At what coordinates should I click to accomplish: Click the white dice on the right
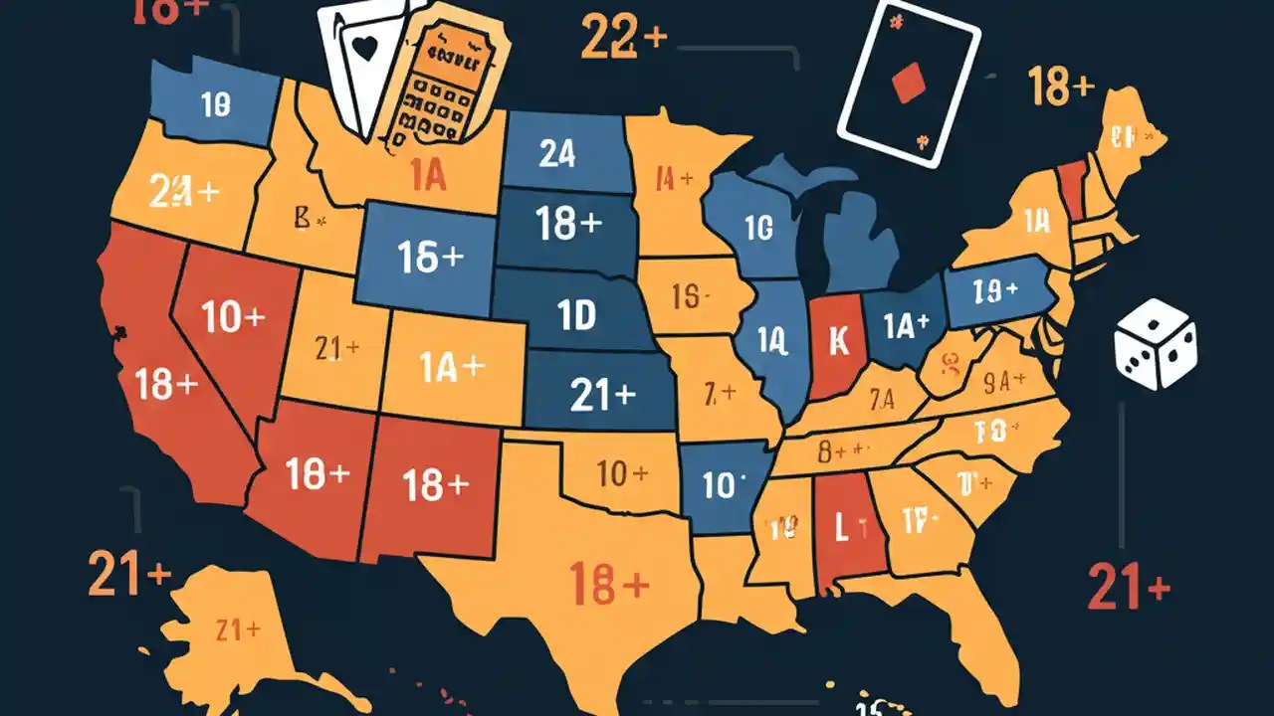[x=1156, y=346]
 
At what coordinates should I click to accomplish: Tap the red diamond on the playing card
[x=908, y=86]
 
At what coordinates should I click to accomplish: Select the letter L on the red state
[x=841, y=528]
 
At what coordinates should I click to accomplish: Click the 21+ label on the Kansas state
[x=603, y=396]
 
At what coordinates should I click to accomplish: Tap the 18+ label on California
[x=165, y=385]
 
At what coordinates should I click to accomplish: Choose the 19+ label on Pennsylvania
[x=996, y=290]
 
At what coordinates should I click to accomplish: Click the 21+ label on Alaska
[x=238, y=629]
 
